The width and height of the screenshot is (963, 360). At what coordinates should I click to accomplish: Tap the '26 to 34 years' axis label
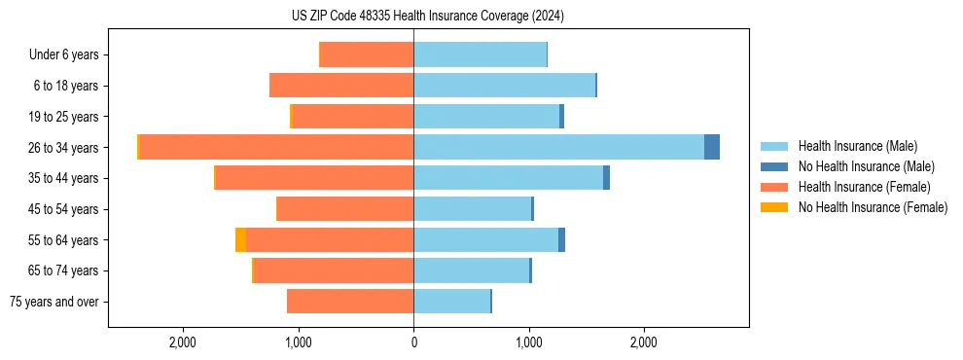click(x=63, y=148)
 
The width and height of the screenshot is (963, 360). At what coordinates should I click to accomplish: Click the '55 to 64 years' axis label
click(x=63, y=240)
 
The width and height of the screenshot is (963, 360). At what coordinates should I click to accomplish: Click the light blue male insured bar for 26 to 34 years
click(x=558, y=147)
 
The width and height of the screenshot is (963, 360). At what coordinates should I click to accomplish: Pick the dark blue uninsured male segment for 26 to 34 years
click(x=712, y=147)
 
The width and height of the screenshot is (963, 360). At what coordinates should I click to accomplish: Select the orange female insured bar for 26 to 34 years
click(x=276, y=147)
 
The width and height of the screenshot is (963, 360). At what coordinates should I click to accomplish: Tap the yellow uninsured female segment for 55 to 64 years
click(x=240, y=240)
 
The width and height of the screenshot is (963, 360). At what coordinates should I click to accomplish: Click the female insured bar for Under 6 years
click(x=367, y=55)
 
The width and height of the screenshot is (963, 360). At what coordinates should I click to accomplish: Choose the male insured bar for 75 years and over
click(x=451, y=302)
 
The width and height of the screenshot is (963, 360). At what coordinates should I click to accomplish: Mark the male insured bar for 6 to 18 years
click(x=504, y=86)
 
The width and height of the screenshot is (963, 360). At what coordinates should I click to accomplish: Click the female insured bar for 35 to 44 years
click(x=314, y=178)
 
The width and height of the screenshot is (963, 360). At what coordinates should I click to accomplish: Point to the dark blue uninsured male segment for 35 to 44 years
click(x=606, y=178)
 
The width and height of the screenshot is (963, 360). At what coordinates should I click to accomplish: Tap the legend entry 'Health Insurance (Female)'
click(x=857, y=187)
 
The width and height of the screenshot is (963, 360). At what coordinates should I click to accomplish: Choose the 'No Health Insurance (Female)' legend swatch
click(x=775, y=207)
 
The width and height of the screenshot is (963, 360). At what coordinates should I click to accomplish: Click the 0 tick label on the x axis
click(x=413, y=342)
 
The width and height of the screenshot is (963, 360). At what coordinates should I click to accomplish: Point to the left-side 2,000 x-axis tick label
click(x=183, y=342)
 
